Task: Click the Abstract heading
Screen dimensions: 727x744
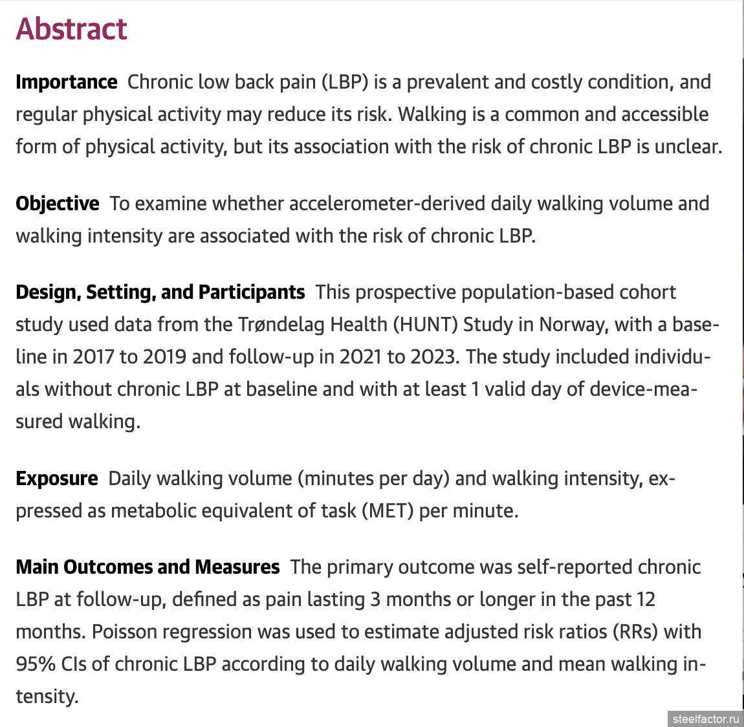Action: click(71, 29)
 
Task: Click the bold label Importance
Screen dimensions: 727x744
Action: click(67, 82)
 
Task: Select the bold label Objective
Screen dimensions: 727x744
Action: click(58, 204)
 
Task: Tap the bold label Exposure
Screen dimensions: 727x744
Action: click(57, 479)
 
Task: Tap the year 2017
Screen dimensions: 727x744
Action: click(93, 356)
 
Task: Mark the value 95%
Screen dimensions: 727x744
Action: click(35, 664)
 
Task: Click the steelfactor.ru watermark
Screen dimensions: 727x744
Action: click(705, 719)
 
